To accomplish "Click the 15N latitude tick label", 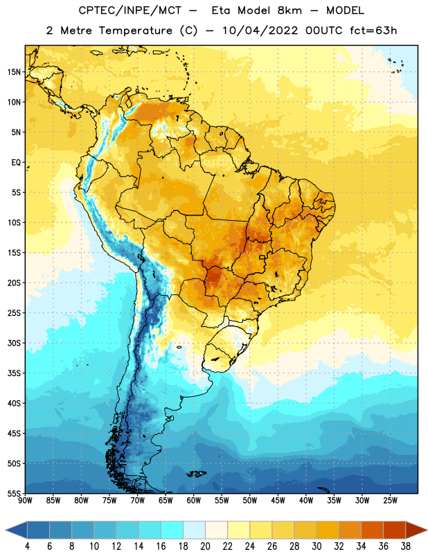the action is pyautogui.click(x=14, y=72).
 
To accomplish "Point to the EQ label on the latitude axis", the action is pyautogui.click(x=16, y=163).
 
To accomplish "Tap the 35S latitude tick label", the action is pyautogui.click(x=14, y=373).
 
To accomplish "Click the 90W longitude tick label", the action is pyautogui.click(x=25, y=500).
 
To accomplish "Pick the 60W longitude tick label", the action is pyautogui.click(x=194, y=500).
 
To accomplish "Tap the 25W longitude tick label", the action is pyautogui.click(x=390, y=500).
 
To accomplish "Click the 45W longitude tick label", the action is pyautogui.click(x=278, y=500).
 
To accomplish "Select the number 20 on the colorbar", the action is pyautogui.click(x=205, y=546).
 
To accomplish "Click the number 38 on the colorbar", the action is pyautogui.click(x=406, y=546).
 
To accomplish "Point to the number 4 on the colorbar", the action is pyautogui.click(x=27, y=546).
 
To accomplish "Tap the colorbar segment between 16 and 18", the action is pyautogui.click(x=172, y=530).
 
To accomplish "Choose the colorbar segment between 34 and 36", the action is pyautogui.click(x=373, y=530).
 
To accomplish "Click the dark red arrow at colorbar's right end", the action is pyautogui.click(x=416, y=530).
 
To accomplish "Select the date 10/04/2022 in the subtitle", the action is pyautogui.click(x=260, y=30).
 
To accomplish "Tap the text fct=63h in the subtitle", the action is pyautogui.click(x=373, y=30).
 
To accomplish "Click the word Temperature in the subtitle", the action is pyautogui.click(x=135, y=30).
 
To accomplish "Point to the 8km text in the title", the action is pyautogui.click(x=289, y=10).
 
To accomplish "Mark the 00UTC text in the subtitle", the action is pyautogui.click(x=324, y=30).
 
